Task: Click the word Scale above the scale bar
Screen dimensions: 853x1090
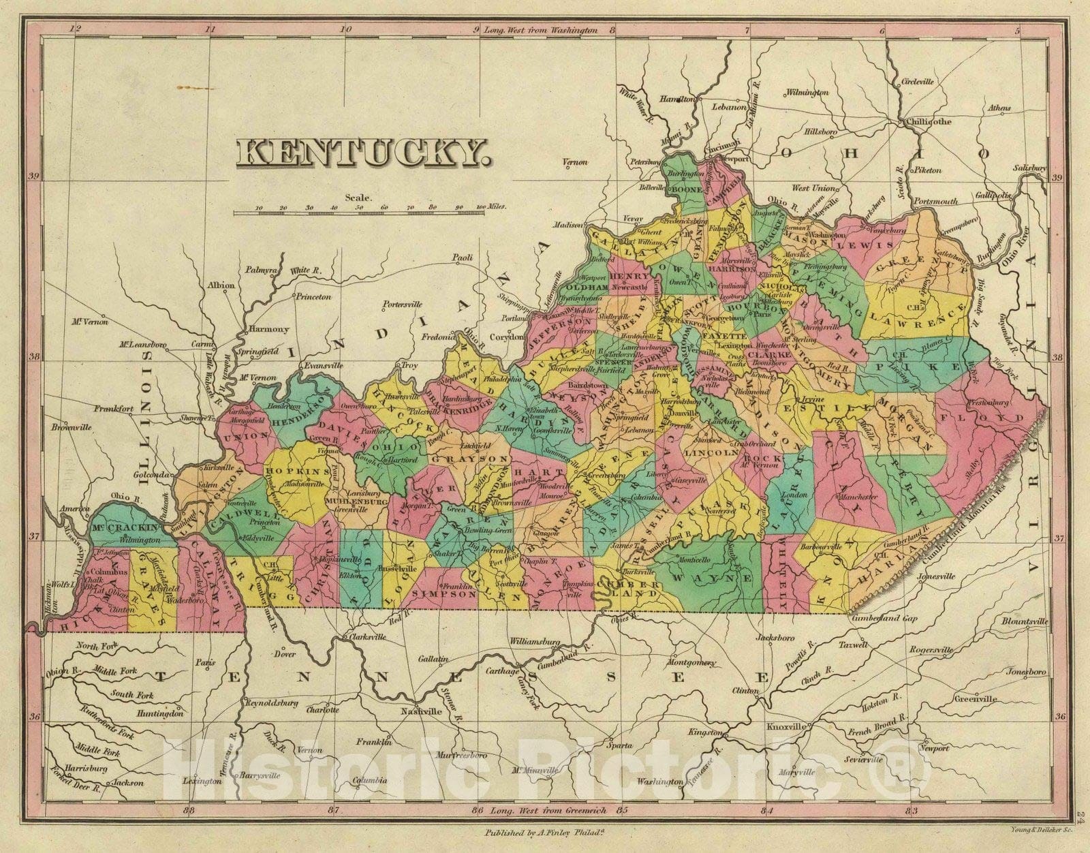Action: coord(358,198)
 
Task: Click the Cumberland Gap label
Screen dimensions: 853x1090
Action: coord(875,619)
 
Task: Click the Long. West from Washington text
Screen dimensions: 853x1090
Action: coord(540,30)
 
